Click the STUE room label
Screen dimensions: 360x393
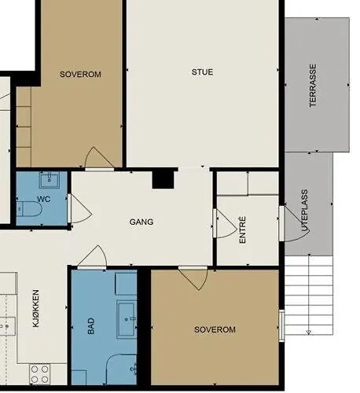[202, 72]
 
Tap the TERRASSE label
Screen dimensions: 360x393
[313, 86]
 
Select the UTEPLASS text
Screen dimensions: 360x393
[305, 210]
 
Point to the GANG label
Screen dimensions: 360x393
[141, 222]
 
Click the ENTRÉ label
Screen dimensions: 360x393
[243, 230]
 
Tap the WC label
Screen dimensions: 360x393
[43, 199]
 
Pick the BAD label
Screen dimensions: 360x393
[90, 326]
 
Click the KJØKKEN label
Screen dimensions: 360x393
[36, 308]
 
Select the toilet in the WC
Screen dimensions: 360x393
[29, 209]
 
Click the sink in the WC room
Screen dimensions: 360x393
[50, 180]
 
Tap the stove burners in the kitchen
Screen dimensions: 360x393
[40, 374]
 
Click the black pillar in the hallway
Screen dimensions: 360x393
[163, 180]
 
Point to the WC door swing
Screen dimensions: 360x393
[79, 209]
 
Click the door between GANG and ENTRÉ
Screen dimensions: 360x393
[225, 223]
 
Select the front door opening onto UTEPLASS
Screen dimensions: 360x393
[295, 224]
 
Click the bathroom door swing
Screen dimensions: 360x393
[92, 257]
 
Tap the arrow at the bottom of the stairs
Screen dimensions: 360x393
[309, 332]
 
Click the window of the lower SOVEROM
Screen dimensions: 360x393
[281, 325]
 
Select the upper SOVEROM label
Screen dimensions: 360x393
[80, 75]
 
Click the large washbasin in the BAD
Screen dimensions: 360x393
[127, 320]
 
